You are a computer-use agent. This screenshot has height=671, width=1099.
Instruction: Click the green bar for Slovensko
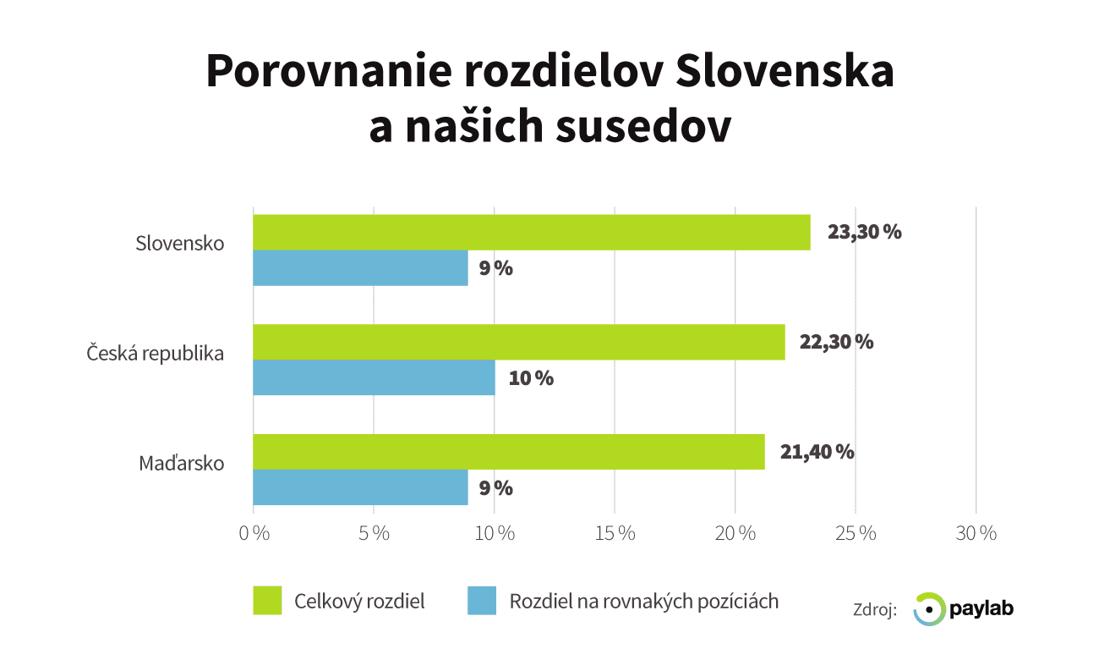tap(531, 233)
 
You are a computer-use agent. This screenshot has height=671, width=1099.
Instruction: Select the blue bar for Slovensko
tap(360, 268)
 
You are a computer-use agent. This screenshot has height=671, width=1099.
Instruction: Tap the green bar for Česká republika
tap(518, 342)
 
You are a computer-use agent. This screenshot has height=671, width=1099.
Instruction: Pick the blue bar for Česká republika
tap(374, 377)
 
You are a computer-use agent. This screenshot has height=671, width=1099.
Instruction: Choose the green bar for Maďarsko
tap(508, 452)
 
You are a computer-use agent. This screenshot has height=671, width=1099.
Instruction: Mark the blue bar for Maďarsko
tap(360, 487)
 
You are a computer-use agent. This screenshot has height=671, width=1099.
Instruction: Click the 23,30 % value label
tap(864, 233)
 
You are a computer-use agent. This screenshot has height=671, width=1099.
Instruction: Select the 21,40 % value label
tap(817, 452)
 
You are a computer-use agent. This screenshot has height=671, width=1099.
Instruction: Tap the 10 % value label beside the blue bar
tap(531, 378)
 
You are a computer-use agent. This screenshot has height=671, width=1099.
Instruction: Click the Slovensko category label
tap(180, 244)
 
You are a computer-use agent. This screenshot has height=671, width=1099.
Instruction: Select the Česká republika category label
tap(156, 353)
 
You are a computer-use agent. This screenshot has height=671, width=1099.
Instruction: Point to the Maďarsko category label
tap(182, 464)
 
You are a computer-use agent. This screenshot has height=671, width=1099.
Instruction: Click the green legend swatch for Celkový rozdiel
tap(266, 602)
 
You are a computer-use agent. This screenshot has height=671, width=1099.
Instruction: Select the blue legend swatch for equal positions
tap(481, 602)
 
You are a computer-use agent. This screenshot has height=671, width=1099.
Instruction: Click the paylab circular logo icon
tap(928, 608)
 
